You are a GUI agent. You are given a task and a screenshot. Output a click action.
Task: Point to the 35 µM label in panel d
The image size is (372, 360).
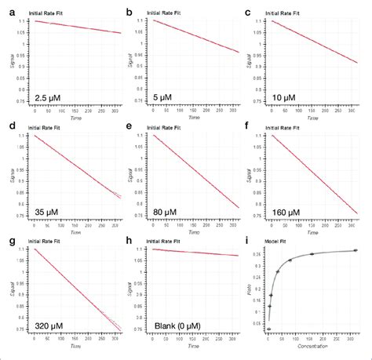pos(51,214)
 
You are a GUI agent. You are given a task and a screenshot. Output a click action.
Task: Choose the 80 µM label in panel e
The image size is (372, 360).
pos(171,214)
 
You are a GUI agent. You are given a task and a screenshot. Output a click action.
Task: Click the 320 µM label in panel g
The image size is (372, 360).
pos(53,329)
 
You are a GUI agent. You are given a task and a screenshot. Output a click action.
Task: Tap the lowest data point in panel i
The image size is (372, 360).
pos(268,329)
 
